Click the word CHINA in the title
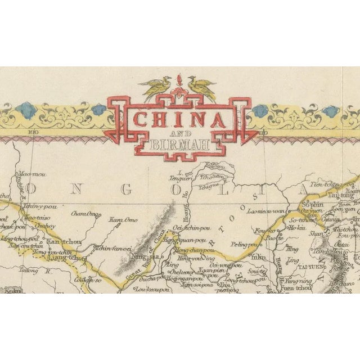coord(179,119)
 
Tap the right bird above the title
coord(201,87)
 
